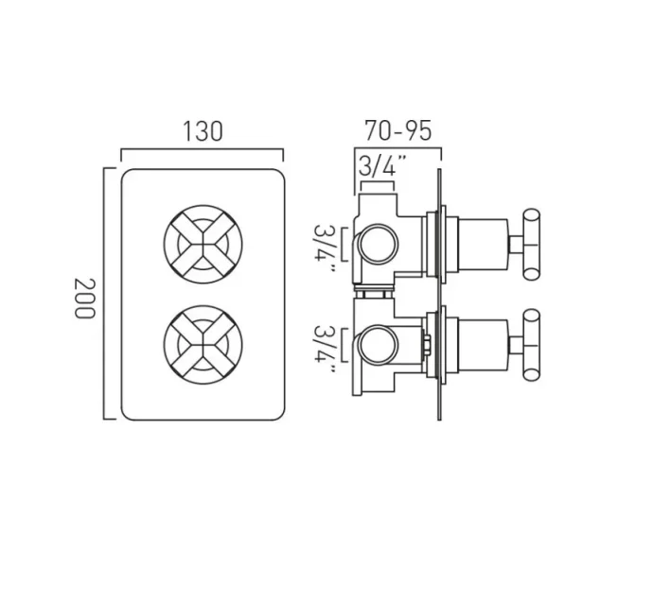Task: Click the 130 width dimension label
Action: (x=203, y=131)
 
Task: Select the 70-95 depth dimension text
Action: (x=397, y=131)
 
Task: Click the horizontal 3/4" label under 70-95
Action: (x=382, y=166)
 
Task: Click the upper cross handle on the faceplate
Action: (x=203, y=243)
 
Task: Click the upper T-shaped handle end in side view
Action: (x=530, y=244)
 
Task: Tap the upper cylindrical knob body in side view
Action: (x=483, y=244)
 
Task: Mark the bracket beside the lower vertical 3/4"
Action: (x=344, y=349)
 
